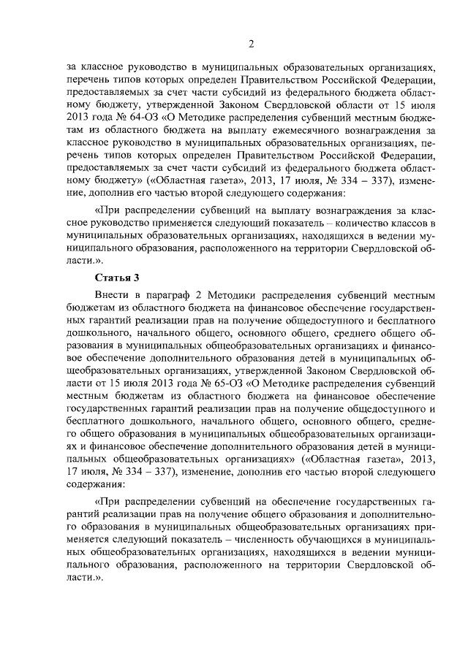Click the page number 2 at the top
[x=250, y=43]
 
